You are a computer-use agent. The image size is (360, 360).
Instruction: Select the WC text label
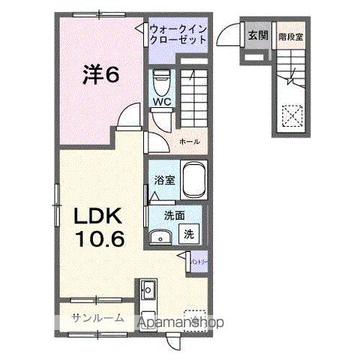pyautogui.click(x=161, y=102)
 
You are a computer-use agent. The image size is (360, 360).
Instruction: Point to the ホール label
pyautogui.click(x=188, y=140)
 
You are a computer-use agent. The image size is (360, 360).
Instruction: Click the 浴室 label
pyautogui.click(x=164, y=180)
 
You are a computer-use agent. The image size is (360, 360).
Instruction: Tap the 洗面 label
pyautogui.click(x=166, y=215)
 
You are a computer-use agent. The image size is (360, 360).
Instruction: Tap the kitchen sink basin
pyautogui.click(x=146, y=289)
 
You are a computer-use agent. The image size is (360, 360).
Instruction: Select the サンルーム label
pyautogui.click(x=97, y=319)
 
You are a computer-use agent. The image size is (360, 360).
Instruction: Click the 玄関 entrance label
pyautogui.click(x=258, y=35)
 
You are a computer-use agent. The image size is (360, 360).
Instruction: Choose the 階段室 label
pyautogui.click(x=289, y=35)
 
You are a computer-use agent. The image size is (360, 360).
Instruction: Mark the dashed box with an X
pyautogui.click(x=290, y=115)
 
